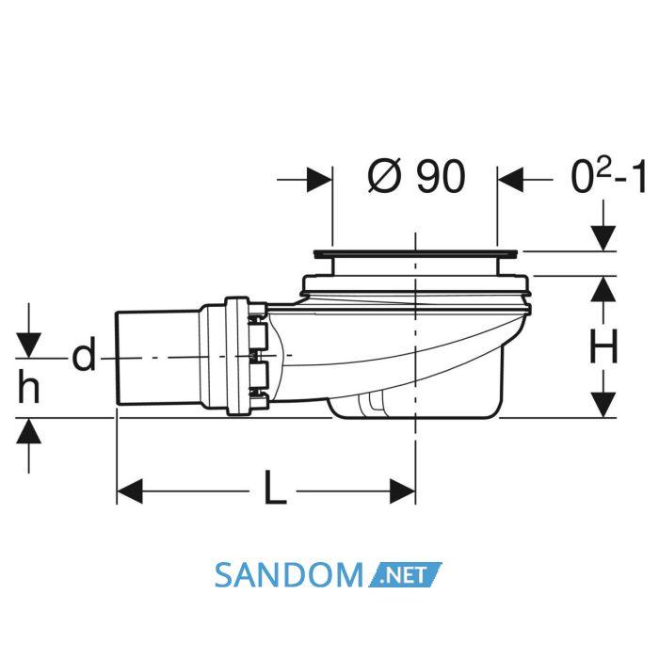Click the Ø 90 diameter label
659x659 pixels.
tap(416, 177)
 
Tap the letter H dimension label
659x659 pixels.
tap(604, 346)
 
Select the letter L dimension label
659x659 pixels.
tap(275, 488)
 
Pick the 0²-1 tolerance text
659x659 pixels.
tap(608, 177)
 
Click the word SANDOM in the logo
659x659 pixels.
tap(288, 576)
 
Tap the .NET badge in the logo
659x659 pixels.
tap(405, 574)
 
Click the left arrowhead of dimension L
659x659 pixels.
tap(130, 490)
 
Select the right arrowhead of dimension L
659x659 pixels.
tap(403, 490)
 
